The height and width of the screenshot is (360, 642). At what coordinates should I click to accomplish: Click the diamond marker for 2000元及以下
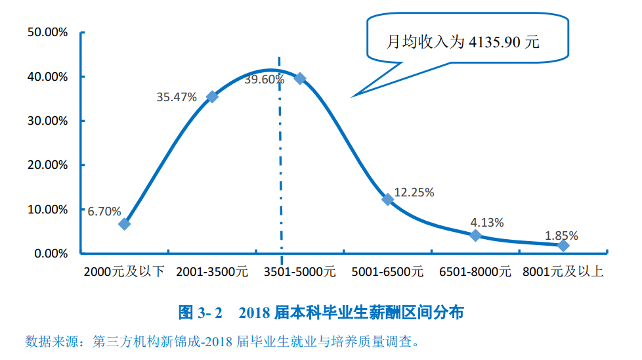pos(124,223)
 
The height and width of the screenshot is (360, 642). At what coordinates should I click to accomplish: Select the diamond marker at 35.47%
pos(212,97)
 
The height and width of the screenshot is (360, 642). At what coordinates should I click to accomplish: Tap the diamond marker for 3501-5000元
pos(300,78)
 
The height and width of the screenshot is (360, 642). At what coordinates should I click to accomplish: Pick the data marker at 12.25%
pos(387,199)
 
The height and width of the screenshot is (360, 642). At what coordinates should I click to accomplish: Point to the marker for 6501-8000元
pos(476,235)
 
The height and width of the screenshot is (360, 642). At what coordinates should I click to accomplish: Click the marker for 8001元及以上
pos(563,245)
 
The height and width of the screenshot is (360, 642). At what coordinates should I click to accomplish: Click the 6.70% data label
pos(104,211)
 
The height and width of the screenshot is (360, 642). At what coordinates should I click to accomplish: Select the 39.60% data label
pos(264,79)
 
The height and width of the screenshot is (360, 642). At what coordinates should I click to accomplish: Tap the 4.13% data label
pos(487,223)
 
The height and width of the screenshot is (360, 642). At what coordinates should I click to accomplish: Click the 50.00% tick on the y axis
pos(47,32)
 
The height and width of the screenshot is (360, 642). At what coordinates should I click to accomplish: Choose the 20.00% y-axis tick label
pos(47,165)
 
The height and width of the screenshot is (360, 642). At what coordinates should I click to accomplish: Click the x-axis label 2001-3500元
pos(212,271)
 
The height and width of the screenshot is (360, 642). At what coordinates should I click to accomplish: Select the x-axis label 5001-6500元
pos(387,271)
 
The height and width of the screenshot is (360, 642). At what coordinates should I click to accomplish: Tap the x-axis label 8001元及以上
pos(563,271)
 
